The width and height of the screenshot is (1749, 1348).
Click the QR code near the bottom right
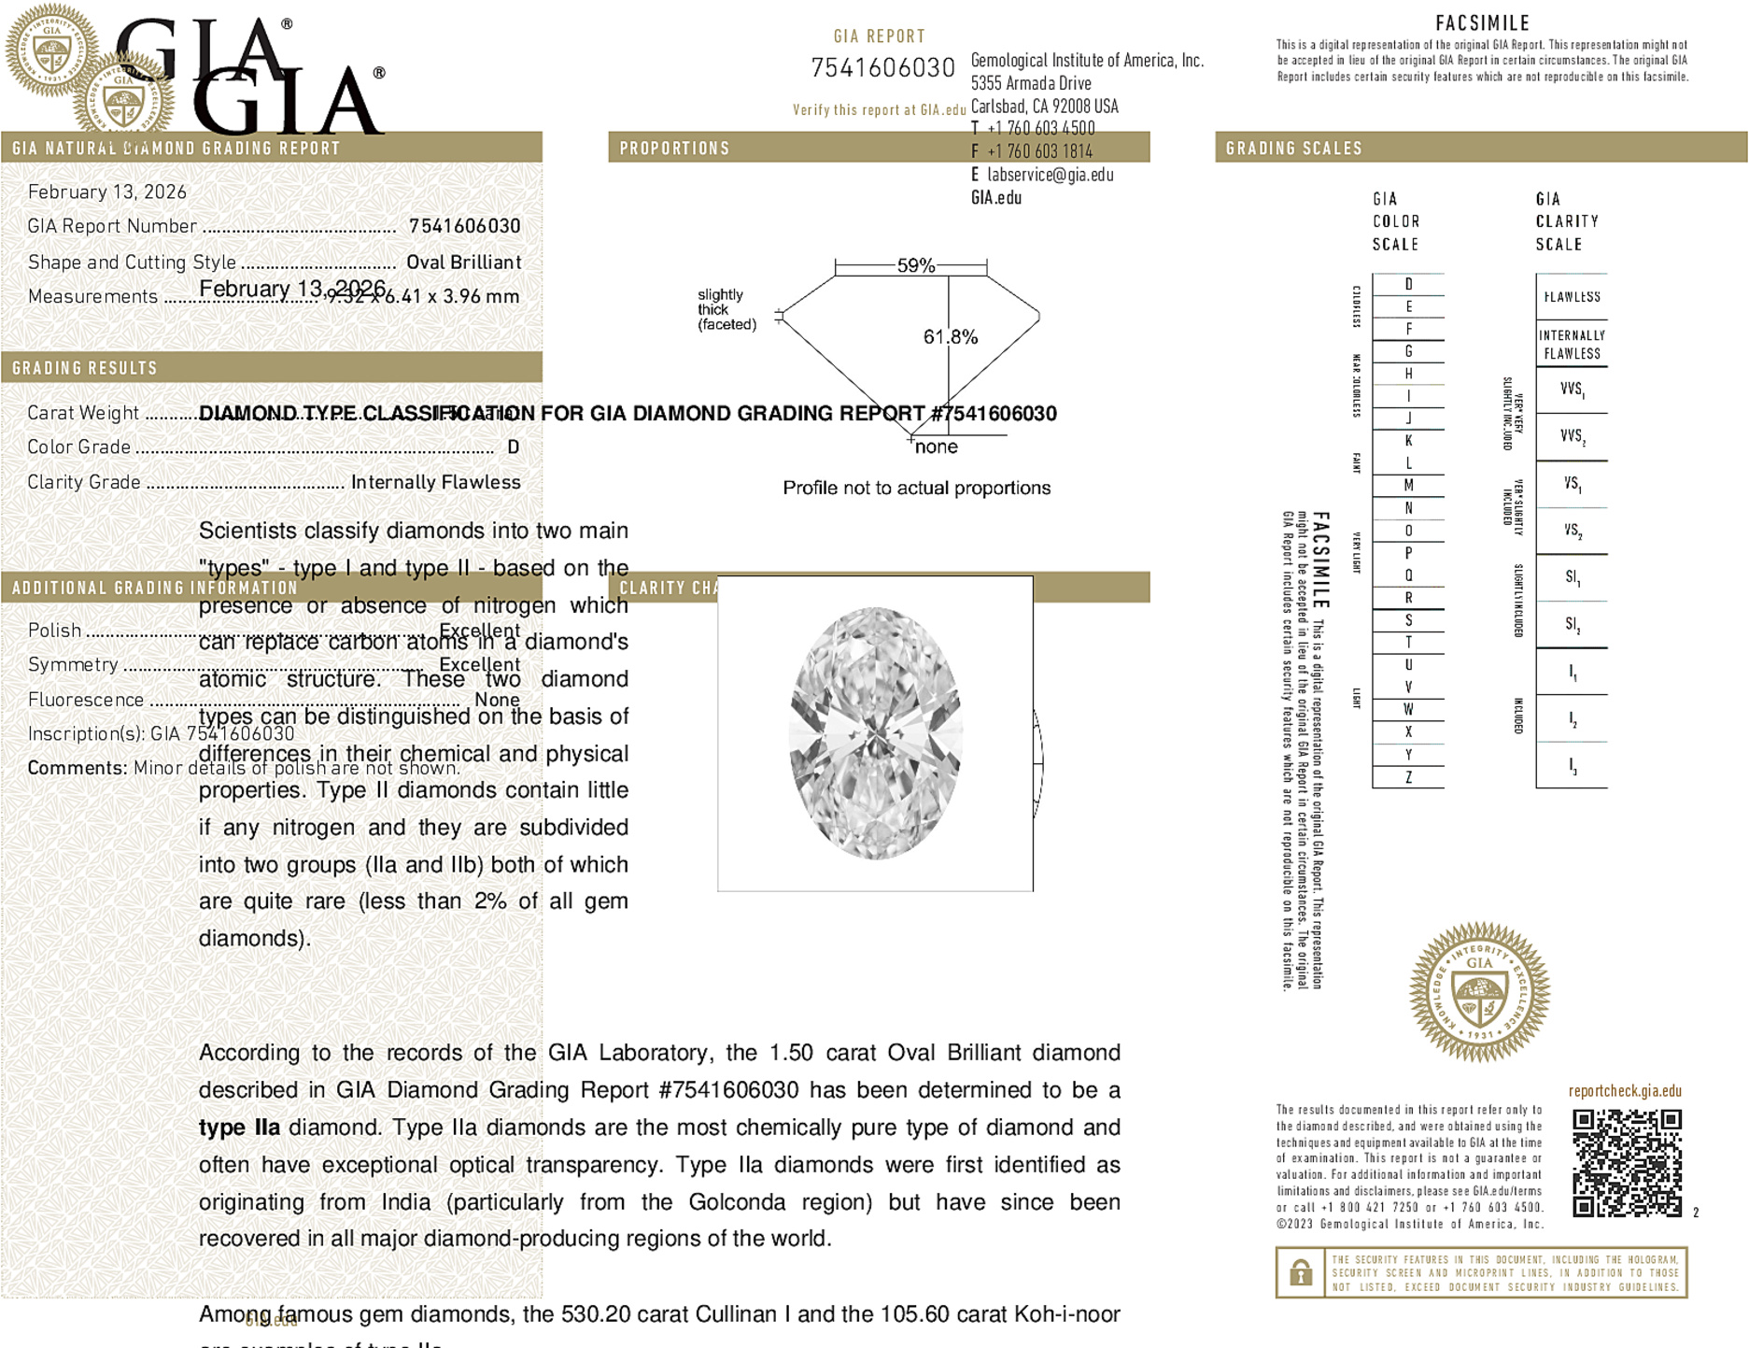(x=1627, y=1163)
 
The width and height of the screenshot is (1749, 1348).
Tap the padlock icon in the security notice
(x=1300, y=1272)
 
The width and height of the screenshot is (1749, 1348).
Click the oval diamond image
(x=875, y=733)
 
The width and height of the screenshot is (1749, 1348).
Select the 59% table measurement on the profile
(x=915, y=265)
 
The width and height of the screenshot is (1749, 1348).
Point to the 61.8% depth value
(x=950, y=337)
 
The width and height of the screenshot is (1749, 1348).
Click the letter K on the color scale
(x=1408, y=441)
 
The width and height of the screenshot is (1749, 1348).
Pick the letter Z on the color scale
(x=1408, y=777)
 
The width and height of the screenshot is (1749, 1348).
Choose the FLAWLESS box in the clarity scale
(x=1572, y=297)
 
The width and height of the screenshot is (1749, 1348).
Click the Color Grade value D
(x=513, y=447)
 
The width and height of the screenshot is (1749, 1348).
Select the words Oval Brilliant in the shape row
(x=463, y=263)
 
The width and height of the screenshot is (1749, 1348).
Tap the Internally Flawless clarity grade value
(x=435, y=482)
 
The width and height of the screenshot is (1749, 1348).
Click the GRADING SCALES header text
(x=1293, y=149)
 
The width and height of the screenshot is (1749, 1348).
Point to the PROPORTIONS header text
(x=674, y=149)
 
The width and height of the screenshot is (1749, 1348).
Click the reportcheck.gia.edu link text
(x=1625, y=1091)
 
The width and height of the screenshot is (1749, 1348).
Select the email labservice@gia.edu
(x=1050, y=175)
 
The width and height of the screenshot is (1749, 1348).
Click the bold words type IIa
(x=239, y=1128)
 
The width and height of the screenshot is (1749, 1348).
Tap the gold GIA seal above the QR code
(x=1479, y=992)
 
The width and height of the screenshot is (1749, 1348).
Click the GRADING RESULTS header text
(x=85, y=368)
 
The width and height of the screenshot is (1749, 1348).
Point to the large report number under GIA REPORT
(x=882, y=68)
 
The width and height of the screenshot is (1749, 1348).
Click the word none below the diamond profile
(x=936, y=447)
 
